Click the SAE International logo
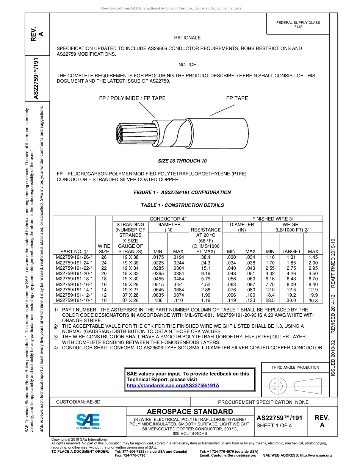88,421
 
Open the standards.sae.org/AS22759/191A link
173,385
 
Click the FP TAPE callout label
237,98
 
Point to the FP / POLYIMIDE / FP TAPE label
132,98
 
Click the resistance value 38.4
206,257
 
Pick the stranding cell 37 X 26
130,300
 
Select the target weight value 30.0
291,300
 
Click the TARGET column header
291,251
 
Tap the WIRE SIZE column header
104,249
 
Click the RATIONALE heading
187,38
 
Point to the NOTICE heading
187,65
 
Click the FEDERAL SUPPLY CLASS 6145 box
298,25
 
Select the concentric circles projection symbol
279,386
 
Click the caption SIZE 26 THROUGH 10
182,161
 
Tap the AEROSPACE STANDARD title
190,412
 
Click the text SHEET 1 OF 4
274,425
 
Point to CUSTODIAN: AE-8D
78,402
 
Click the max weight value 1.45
313,257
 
